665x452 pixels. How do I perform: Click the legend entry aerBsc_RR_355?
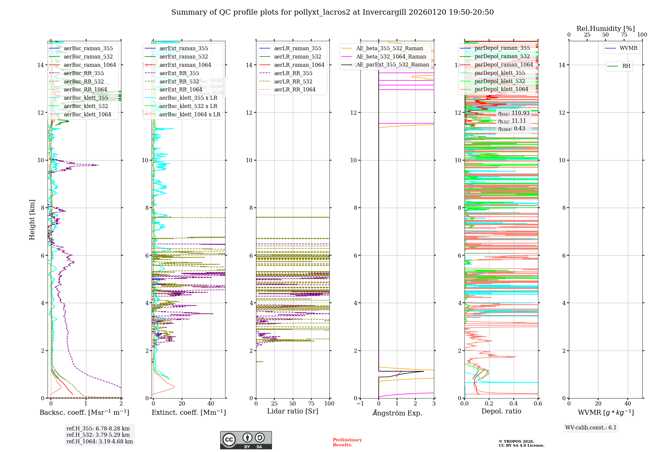(x=83, y=73)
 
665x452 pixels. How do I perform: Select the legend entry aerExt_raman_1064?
(x=185, y=65)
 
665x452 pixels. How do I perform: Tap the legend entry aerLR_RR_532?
(x=293, y=81)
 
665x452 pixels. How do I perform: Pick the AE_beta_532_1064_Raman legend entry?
(x=391, y=56)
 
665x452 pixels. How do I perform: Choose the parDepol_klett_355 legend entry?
(x=500, y=73)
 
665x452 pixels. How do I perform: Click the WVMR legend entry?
(x=628, y=48)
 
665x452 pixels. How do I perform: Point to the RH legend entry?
(x=626, y=66)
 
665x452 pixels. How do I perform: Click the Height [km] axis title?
(x=32, y=220)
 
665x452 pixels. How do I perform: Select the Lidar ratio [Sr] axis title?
(x=293, y=411)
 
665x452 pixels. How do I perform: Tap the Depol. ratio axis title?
(x=501, y=411)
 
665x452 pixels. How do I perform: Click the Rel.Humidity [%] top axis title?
(x=605, y=29)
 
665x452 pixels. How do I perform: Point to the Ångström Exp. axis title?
(x=397, y=413)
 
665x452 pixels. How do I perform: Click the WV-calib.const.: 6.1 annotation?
(x=591, y=428)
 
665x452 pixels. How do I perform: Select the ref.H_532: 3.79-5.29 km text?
(x=98, y=435)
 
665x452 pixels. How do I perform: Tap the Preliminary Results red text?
(x=347, y=442)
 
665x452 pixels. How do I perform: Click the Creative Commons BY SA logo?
(x=246, y=440)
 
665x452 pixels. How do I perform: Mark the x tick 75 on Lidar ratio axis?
(x=311, y=403)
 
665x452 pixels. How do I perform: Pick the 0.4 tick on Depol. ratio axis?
(x=513, y=403)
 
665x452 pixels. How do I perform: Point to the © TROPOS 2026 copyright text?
(x=516, y=441)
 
